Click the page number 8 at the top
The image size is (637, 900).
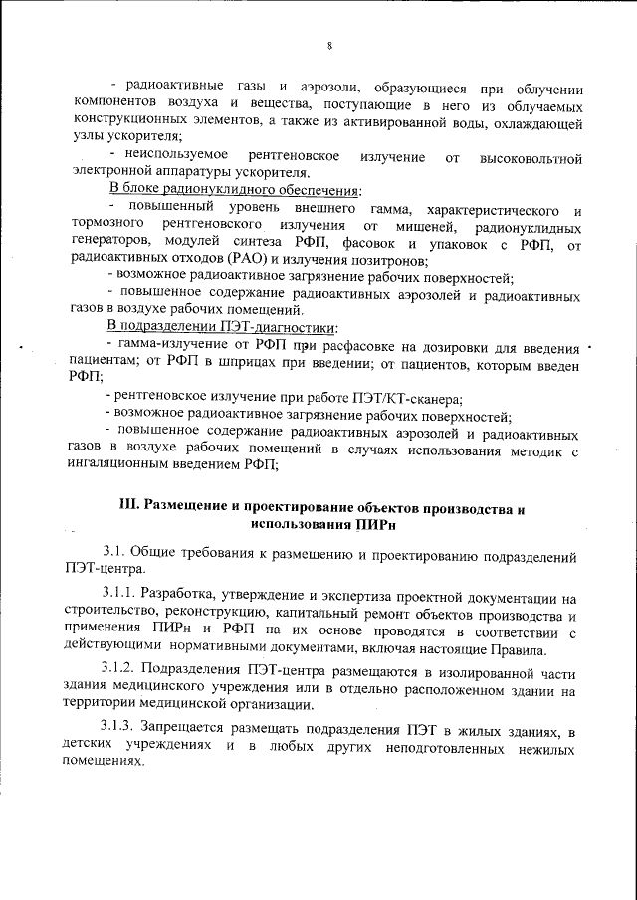(x=328, y=44)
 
